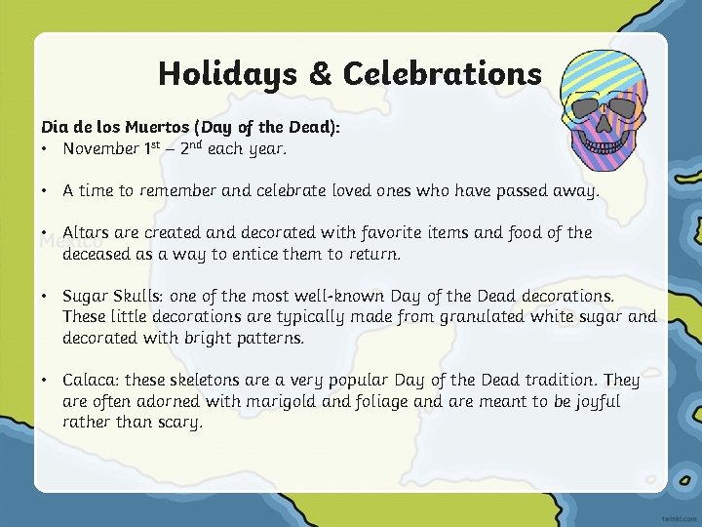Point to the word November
tap(100, 149)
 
